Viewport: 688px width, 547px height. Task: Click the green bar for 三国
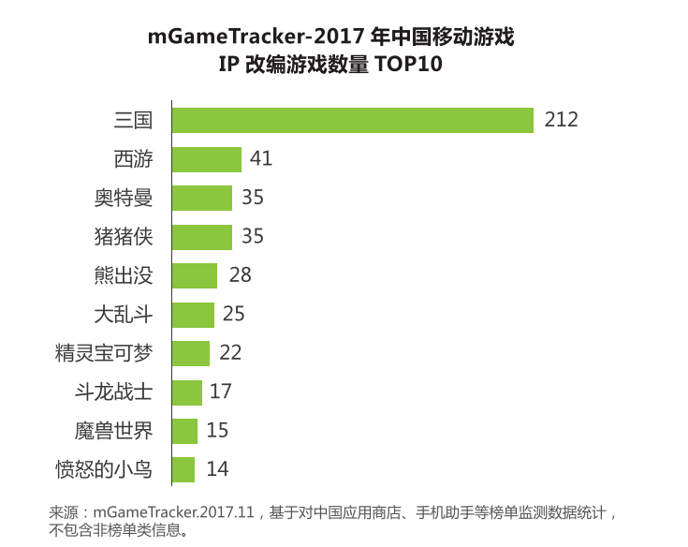pos(353,120)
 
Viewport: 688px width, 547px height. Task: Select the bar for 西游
pos(207,159)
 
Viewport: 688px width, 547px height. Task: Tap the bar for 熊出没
pos(195,275)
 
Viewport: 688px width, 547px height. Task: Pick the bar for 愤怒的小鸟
pos(183,469)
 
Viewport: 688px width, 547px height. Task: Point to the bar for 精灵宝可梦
pos(191,353)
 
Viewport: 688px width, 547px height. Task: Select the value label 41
pos(261,159)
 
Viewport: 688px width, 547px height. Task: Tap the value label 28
pos(241,275)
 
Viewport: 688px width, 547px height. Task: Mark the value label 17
pos(220,392)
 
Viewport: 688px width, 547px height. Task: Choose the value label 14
pos(217,469)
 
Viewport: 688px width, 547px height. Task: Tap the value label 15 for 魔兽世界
pos(219,431)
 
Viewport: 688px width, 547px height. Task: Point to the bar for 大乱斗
pos(194,314)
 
